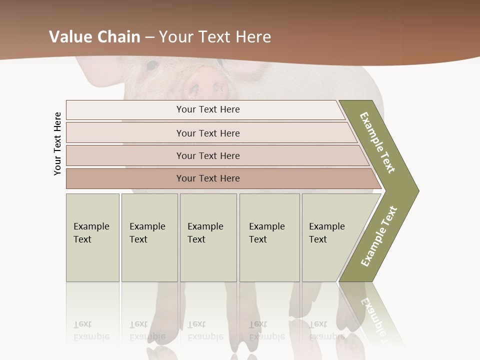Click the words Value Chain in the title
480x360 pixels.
click(94, 36)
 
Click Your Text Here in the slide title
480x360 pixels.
click(215, 36)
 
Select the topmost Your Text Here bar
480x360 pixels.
click(208, 109)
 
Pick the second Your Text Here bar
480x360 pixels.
click(208, 133)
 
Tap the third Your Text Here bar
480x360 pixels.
click(208, 155)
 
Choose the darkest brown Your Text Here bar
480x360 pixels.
click(208, 178)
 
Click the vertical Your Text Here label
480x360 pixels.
click(57, 143)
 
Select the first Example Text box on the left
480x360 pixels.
click(92, 237)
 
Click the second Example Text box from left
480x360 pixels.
click(149, 237)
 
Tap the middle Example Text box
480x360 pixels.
click(208, 237)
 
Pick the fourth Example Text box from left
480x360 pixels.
click(269, 237)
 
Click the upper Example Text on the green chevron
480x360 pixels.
click(377, 142)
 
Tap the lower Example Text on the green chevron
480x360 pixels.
click(378, 236)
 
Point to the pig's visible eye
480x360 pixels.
click(152, 64)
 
